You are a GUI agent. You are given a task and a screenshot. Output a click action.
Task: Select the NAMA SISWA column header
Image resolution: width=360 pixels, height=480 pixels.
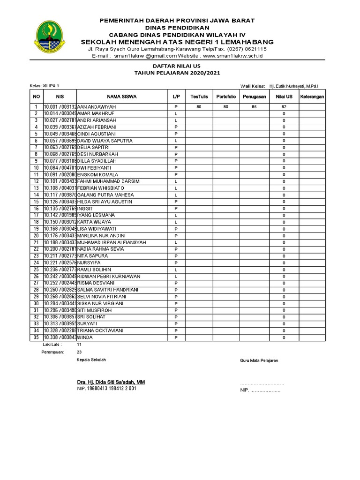121,97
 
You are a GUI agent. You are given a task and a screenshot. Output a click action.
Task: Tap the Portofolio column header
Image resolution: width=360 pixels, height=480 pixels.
226,97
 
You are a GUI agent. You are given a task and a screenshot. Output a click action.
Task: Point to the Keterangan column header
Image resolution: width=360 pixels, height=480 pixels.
312,97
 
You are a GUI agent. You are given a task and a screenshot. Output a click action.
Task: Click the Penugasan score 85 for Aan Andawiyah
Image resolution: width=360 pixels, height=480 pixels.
255,107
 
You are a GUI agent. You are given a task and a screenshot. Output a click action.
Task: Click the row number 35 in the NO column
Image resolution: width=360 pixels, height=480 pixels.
36,337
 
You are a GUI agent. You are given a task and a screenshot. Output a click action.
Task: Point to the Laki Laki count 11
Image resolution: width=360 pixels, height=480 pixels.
79,344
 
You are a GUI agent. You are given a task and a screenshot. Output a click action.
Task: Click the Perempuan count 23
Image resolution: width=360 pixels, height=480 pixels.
79,352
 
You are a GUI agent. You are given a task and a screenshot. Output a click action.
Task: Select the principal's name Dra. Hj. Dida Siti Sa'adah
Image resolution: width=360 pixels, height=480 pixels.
111,382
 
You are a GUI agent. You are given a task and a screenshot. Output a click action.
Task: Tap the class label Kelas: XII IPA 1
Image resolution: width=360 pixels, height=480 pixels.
45,86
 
